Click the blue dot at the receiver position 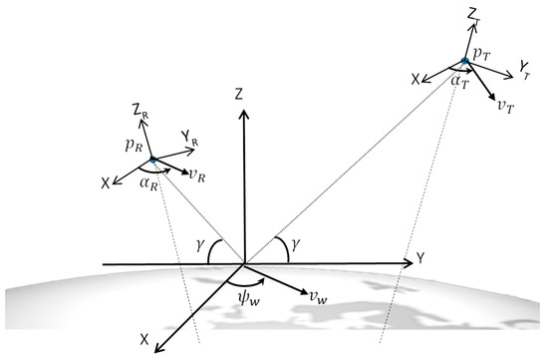pos(151,160)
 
